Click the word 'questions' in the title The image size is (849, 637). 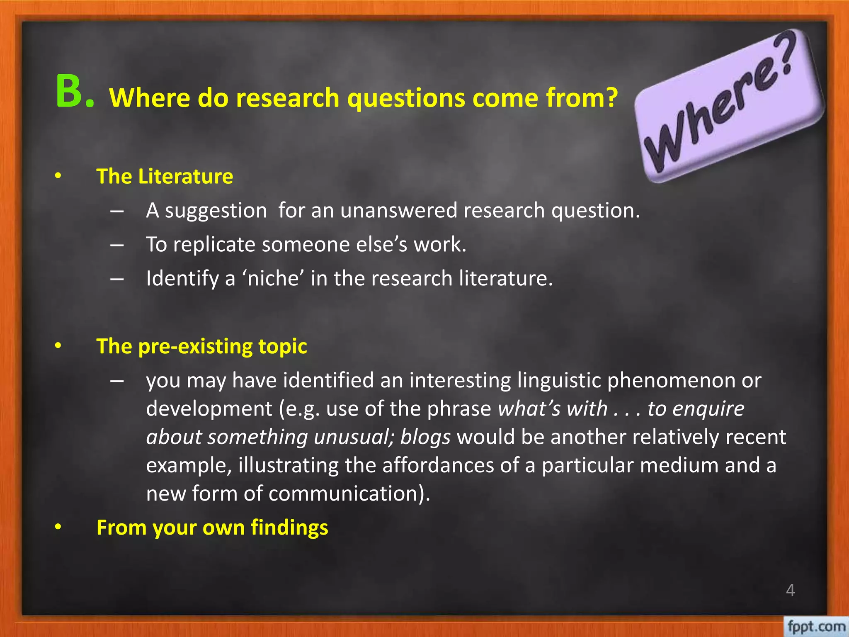coord(406,99)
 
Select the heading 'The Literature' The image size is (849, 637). coord(165,176)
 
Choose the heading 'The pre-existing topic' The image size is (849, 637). coord(201,346)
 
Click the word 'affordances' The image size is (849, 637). coord(438,465)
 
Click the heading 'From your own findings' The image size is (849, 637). coord(212,528)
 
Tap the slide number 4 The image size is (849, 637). coord(790,590)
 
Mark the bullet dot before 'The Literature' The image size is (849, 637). coord(58,176)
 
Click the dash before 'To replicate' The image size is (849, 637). coord(117,245)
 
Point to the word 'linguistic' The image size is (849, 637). coord(559,380)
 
